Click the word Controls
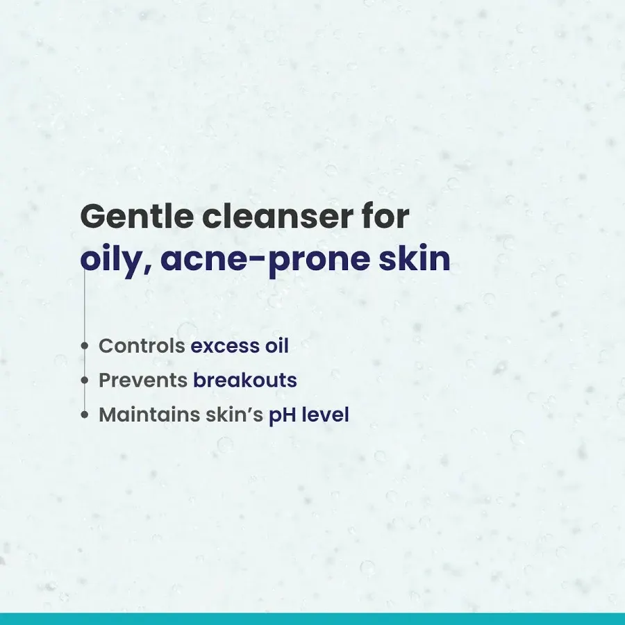coord(142,346)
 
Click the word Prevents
coord(143,381)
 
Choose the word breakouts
coord(245,381)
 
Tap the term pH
coord(282,416)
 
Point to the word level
coord(325,415)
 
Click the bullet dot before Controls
coord(85,346)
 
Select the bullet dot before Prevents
coord(85,381)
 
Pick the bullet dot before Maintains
coord(85,415)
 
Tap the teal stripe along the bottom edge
coord(312,619)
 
